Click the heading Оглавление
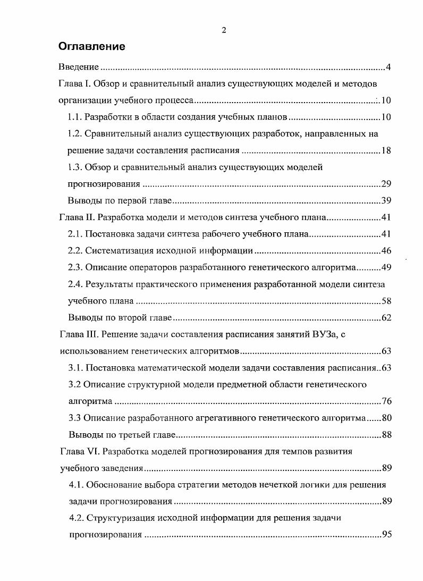pyautogui.click(x=91, y=47)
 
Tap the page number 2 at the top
pyautogui.click(x=224, y=30)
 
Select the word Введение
pyautogui.click(x=79, y=68)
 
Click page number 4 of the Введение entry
pyautogui.click(x=388, y=68)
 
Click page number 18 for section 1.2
pyautogui.click(x=386, y=150)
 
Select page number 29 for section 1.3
pyautogui.click(x=386, y=184)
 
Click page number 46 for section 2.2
pyautogui.click(x=386, y=251)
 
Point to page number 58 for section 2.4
pyautogui.click(x=386, y=301)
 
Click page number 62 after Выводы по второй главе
pyautogui.click(x=386, y=318)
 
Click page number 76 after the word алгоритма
pyautogui.click(x=386, y=401)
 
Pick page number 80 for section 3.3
pyautogui.click(x=386, y=418)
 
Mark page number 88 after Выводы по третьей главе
pyautogui.click(x=386, y=435)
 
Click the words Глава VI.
pyautogui.click(x=78, y=452)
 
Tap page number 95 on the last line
pyautogui.click(x=386, y=535)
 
